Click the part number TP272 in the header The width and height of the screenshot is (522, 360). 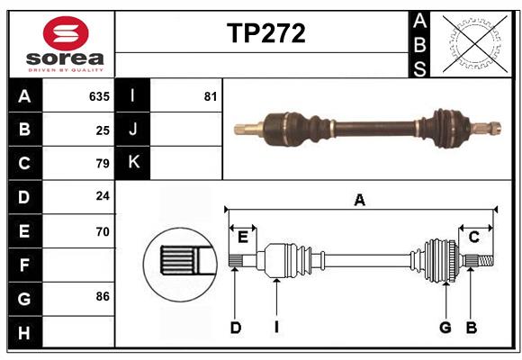265,33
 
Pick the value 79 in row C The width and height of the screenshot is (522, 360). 102,164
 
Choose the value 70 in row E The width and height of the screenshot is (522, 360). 102,231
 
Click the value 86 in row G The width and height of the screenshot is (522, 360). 102,296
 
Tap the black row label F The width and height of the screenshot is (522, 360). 24,265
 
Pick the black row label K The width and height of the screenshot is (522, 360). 133,163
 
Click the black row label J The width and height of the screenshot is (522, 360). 133,130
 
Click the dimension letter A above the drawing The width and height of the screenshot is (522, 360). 359,201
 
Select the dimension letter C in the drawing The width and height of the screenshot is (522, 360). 473,237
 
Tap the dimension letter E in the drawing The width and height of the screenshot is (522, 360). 243,237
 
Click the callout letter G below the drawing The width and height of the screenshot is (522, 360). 445,328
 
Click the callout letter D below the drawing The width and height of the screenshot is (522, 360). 235,328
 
